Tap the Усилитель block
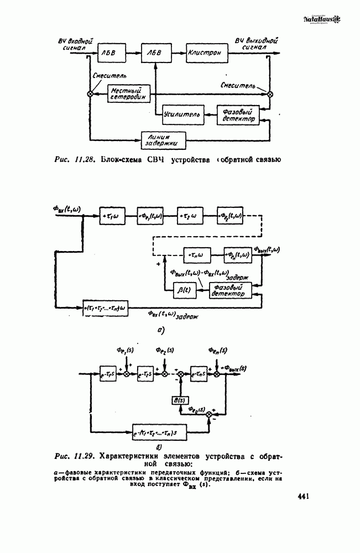point(180,115)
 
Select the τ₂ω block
point(190,215)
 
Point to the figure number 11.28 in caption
point(87,160)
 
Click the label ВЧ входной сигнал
point(76,44)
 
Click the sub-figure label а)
point(160,331)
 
